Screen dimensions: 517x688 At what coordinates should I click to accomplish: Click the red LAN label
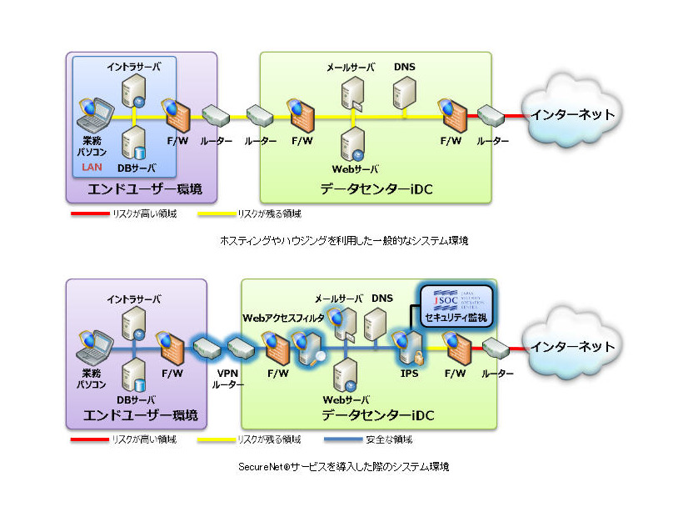pyautogui.click(x=92, y=166)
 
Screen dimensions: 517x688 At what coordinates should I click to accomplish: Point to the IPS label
pyautogui.click(x=409, y=374)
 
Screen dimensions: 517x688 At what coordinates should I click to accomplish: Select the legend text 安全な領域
pyautogui.click(x=389, y=439)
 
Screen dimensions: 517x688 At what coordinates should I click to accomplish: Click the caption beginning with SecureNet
pyautogui.click(x=343, y=467)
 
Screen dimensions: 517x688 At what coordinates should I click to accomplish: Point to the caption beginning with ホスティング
pyautogui.click(x=343, y=240)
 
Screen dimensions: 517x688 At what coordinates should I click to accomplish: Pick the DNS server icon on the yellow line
pyautogui.click(x=405, y=94)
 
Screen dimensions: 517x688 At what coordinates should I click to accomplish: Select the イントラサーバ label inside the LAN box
pyautogui.click(x=134, y=65)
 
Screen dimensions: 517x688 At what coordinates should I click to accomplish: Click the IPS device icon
pyautogui.click(x=407, y=347)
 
